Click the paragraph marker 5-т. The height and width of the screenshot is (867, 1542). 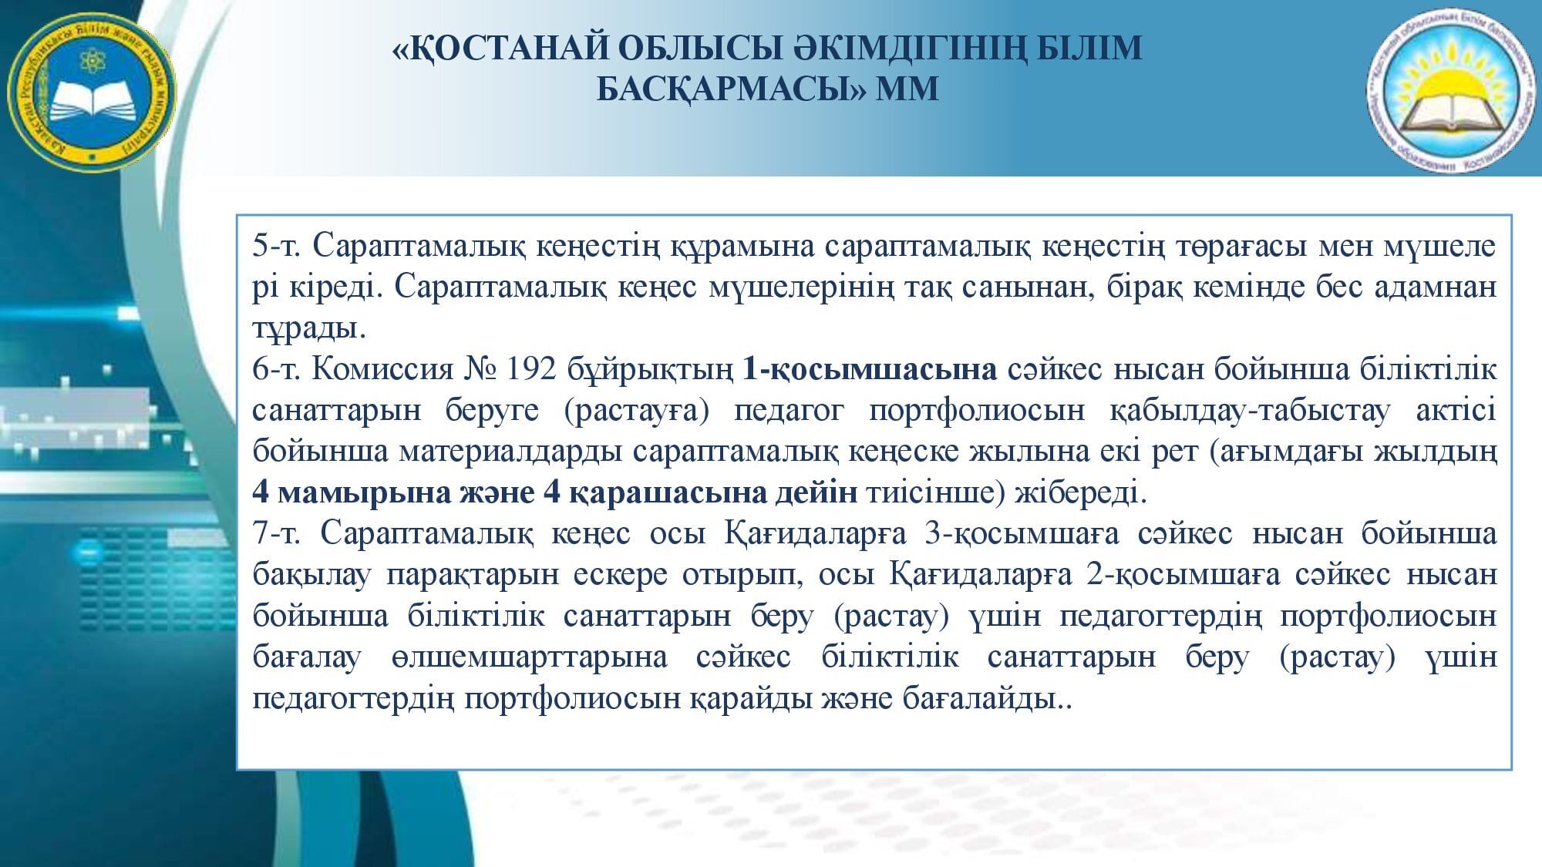(281, 246)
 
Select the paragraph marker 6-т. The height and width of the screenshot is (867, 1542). (281, 369)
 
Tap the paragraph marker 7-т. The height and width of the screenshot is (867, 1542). (281, 533)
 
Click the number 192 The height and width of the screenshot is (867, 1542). (531, 369)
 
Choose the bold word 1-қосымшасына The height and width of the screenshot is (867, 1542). (870, 370)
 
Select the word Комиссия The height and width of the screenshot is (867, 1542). (382, 369)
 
